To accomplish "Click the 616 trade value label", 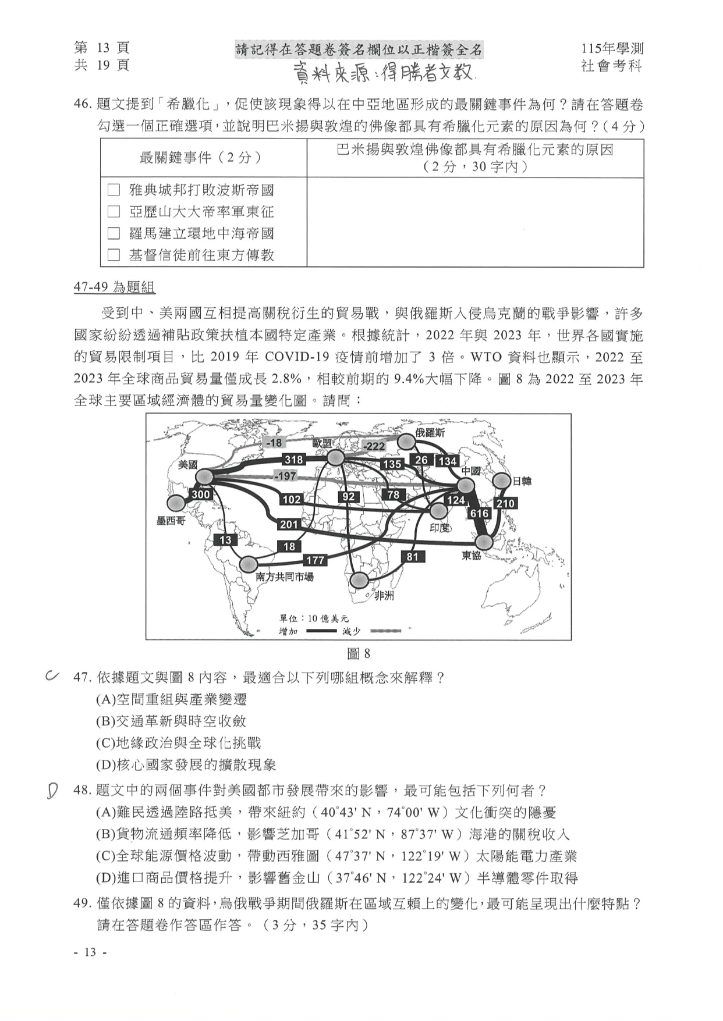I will click(x=480, y=514).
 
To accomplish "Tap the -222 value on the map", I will click(x=374, y=446).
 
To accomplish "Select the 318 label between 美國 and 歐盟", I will click(x=293, y=460).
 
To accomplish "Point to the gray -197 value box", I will click(x=286, y=476).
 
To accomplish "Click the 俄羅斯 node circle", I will click(x=407, y=443).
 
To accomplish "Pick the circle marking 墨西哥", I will click(x=175, y=503).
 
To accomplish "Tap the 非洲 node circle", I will click(x=359, y=580).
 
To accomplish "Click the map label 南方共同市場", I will click(x=285, y=577).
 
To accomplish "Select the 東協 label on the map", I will click(x=472, y=556).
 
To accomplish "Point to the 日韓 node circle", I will click(x=501, y=481).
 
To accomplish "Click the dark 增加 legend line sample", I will click(x=321, y=631).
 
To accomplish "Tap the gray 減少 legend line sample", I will click(x=385, y=631).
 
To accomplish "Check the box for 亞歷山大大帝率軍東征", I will click(x=114, y=212).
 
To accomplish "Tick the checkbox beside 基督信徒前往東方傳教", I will click(x=114, y=255).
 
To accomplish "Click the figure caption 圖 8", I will click(x=359, y=654).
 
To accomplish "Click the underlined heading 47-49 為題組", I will click(x=114, y=287).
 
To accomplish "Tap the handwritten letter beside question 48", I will click(x=52, y=791).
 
